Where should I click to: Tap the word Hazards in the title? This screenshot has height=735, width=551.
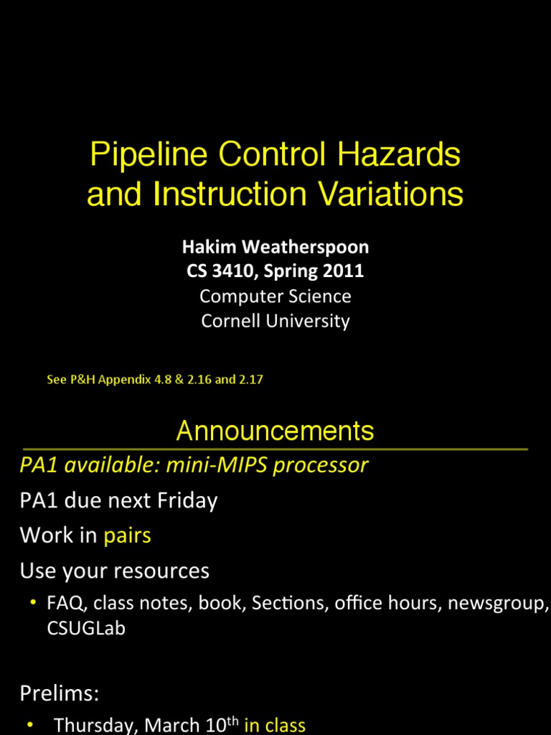tap(401, 155)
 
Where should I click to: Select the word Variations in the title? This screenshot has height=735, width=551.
tap(385, 195)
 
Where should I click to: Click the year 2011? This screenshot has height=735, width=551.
tap(344, 271)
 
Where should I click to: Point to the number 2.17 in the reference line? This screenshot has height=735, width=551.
tap(250, 380)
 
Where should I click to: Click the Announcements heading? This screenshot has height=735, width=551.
tap(275, 431)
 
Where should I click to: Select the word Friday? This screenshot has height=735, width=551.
tap(187, 500)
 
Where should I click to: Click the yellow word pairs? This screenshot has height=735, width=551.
tap(127, 535)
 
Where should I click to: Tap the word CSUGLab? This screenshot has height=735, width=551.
tap(85, 629)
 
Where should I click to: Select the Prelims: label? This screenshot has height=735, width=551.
tap(59, 693)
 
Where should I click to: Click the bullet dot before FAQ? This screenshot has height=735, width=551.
tap(33, 602)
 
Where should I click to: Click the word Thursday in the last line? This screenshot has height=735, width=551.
tap(96, 726)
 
